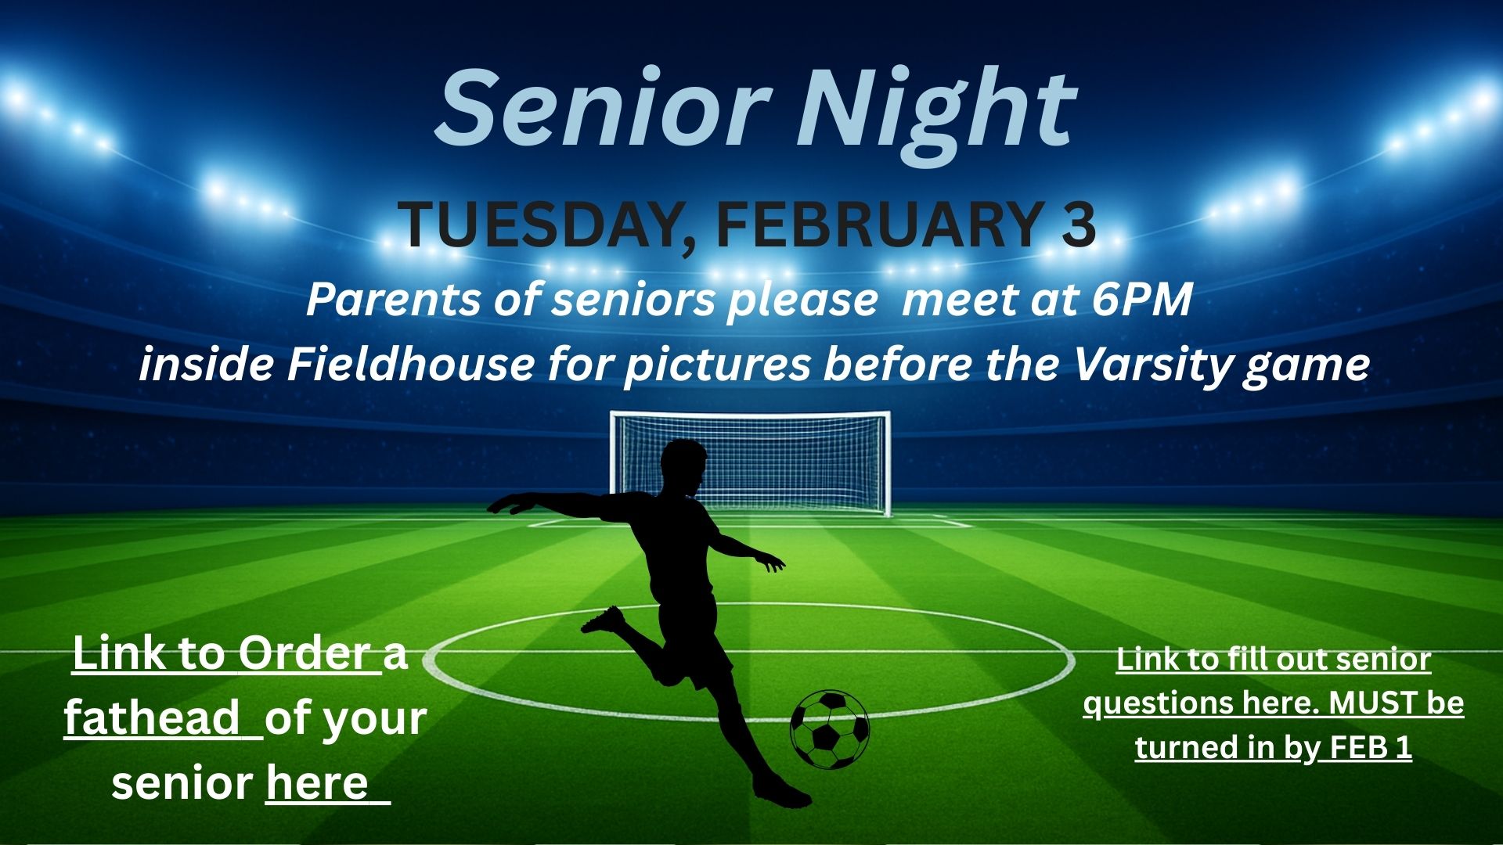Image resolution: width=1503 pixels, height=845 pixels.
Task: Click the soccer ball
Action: click(x=830, y=729)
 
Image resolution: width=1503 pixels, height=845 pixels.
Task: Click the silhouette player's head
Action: click(x=682, y=468)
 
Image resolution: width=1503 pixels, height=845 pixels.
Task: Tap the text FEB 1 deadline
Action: click(x=1371, y=747)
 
